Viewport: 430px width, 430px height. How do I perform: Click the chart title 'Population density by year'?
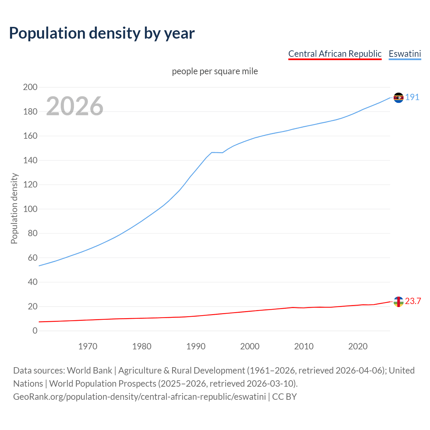(x=102, y=33)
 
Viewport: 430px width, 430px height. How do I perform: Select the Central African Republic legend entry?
(x=335, y=54)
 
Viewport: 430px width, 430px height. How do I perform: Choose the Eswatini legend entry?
(x=404, y=54)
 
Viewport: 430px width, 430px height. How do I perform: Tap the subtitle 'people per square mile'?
(x=215, y=71)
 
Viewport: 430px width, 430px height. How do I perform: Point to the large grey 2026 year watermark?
(x=75, y=106)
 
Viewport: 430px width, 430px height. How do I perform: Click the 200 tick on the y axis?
(x=30, y=87)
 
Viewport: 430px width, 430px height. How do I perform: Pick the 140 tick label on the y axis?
(x=30, y=160)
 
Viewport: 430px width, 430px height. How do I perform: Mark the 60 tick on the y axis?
(x=33, y=258)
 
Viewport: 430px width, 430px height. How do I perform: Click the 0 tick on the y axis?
(x=35, y=331)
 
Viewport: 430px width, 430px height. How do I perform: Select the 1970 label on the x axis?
(x=88, y=346)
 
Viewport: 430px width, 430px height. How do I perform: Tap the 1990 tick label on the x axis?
(x=196, y=346)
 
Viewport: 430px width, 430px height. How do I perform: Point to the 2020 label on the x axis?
(x=358, y=346)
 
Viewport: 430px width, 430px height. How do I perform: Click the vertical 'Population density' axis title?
(x=14, y=208)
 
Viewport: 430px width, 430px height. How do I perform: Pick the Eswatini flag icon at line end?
(x=398, y=97)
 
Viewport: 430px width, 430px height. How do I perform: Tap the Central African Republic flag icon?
(x=398, y=302)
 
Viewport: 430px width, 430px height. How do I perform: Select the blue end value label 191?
(x=412, y=97)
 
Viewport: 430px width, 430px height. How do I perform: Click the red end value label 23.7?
(x=413, y=301)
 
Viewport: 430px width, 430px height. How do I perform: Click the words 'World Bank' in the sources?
(x=89, y=371)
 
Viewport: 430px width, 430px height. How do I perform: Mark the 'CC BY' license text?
(x=285, y=397)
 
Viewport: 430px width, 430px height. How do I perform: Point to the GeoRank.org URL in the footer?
(x=139, y=397)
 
